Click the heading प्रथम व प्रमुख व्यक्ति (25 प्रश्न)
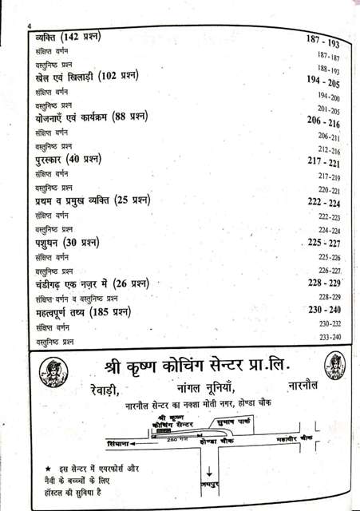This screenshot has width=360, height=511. tap(98, 200)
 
